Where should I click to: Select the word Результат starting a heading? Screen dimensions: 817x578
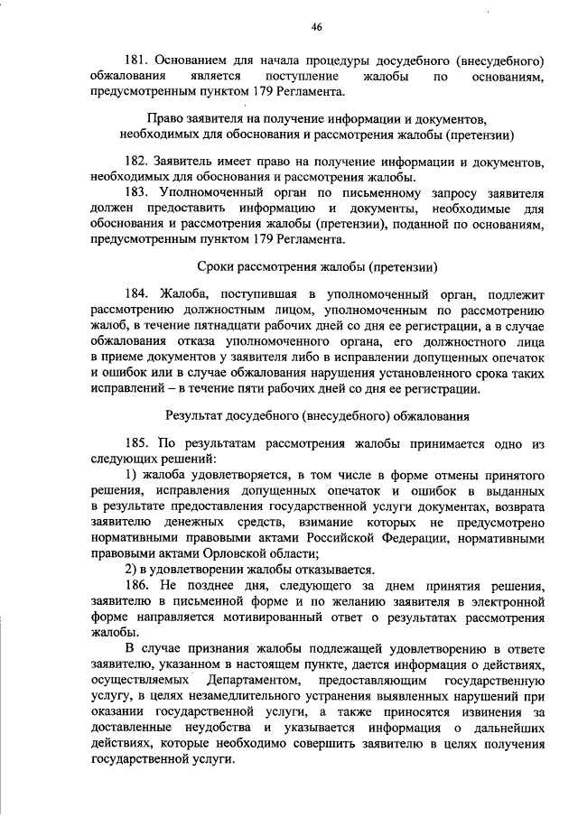point(194,416)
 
